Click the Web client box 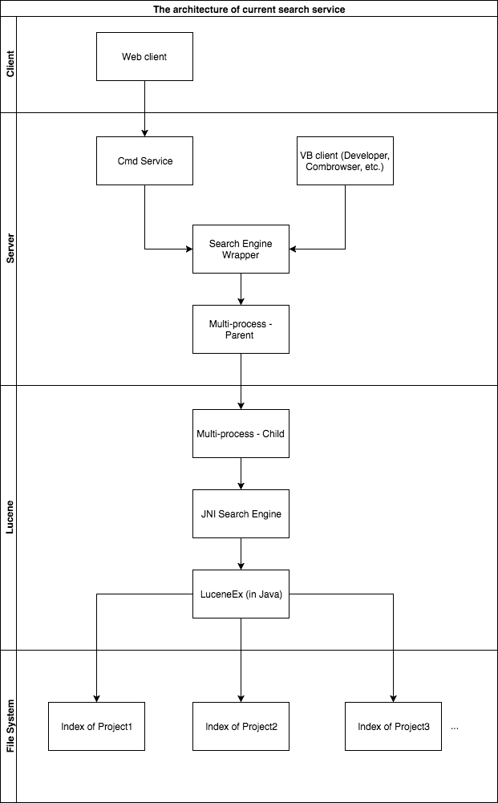(145, 56)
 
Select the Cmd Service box (145, 160)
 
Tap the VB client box (346, 160)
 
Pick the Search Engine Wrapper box (241, 249)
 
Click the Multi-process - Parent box (241, 329)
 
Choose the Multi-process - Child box (241, 433)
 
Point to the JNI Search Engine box (241, 513)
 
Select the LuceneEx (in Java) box (241, 594)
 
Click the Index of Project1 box (97, 726)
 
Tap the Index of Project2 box (241, 726)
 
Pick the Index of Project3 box (394, 726)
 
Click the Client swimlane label (9, 64)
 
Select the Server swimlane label (9, 249)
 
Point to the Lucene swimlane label (9, 517)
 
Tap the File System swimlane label (9, 726)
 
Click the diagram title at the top (249, 9)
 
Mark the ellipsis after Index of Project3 (455, 728)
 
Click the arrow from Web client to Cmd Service (145, 108)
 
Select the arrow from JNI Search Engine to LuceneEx (241, 554)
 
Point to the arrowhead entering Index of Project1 (97, 699)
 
